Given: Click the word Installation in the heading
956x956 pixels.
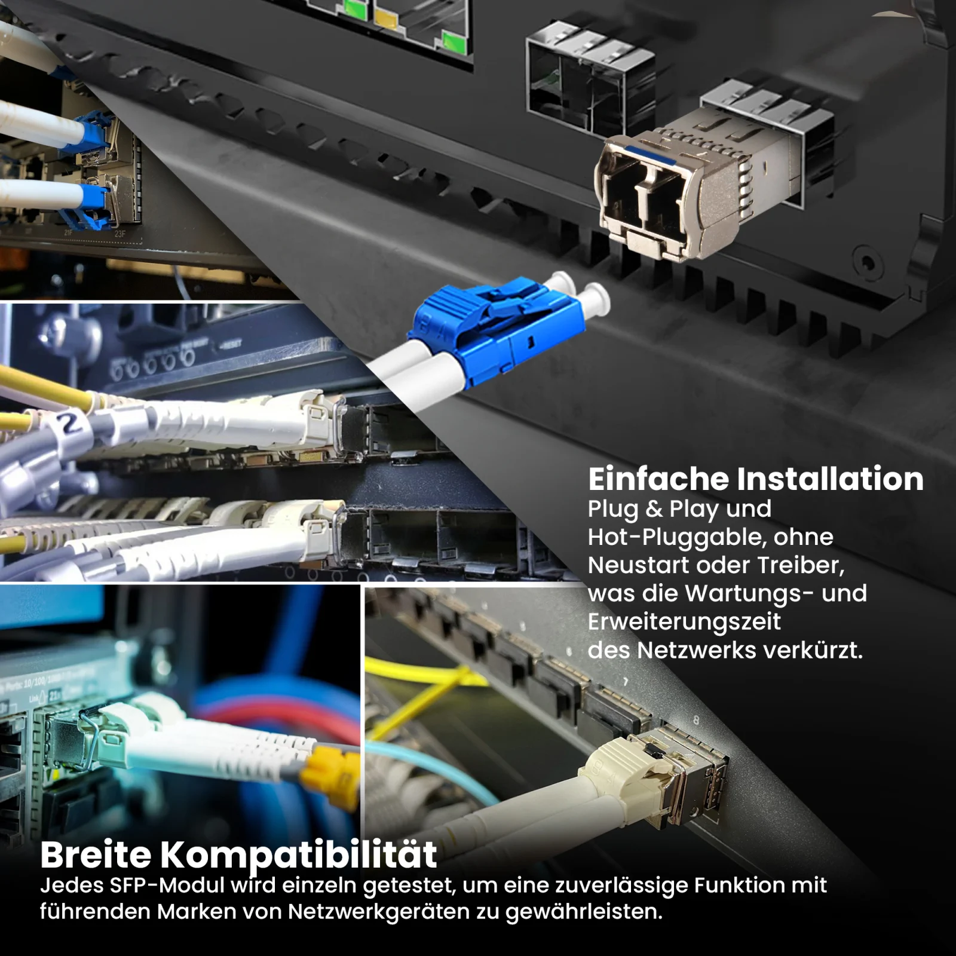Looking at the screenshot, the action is point(830,479).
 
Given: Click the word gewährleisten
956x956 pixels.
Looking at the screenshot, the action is point(584,912).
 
